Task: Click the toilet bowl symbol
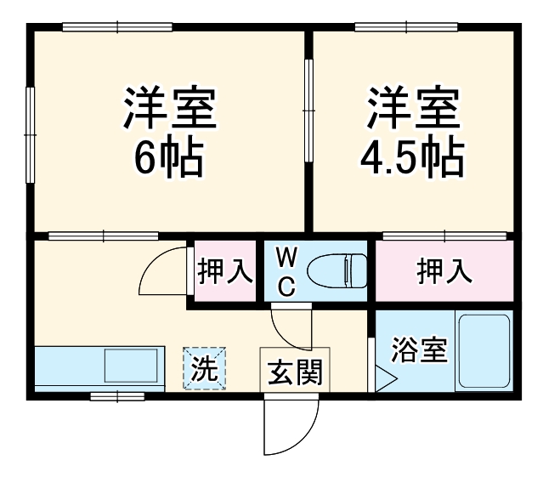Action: tap(337, 271)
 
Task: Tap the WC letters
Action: tap(286, 271)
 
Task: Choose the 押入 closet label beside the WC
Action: tap(225, 272)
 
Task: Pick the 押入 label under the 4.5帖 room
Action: tap(444, 272)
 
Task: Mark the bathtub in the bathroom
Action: tap(484, 351)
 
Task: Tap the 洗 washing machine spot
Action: tap(203, 367)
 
